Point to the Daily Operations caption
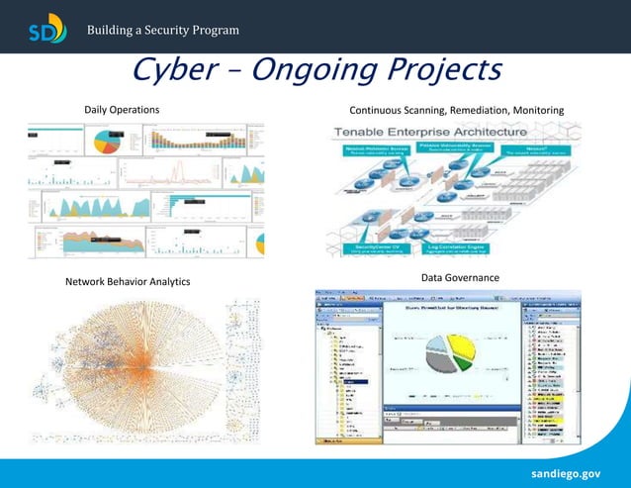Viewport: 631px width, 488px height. coord(122,108)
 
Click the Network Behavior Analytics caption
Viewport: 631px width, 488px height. coord(128,282)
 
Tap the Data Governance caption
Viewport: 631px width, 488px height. coord(460,278)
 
